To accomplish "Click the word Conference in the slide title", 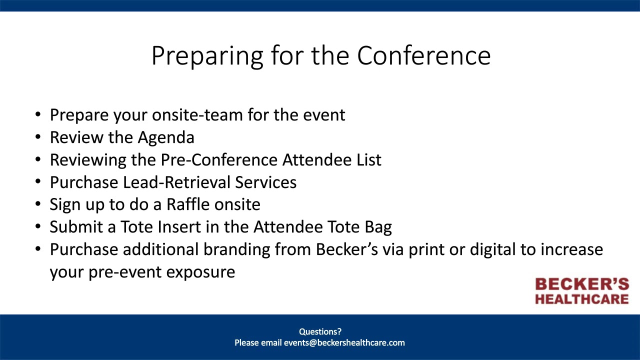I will click(423, 55).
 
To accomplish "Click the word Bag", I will click(378, 227).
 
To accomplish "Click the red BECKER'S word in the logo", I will click(582, 285).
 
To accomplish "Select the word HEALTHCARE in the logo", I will click(582, 299).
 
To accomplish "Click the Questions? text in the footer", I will click(320, 331).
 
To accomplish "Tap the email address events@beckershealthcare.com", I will click(344, 343).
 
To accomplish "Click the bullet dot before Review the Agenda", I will click(38, 137).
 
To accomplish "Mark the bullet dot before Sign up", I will click(38, 205).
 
